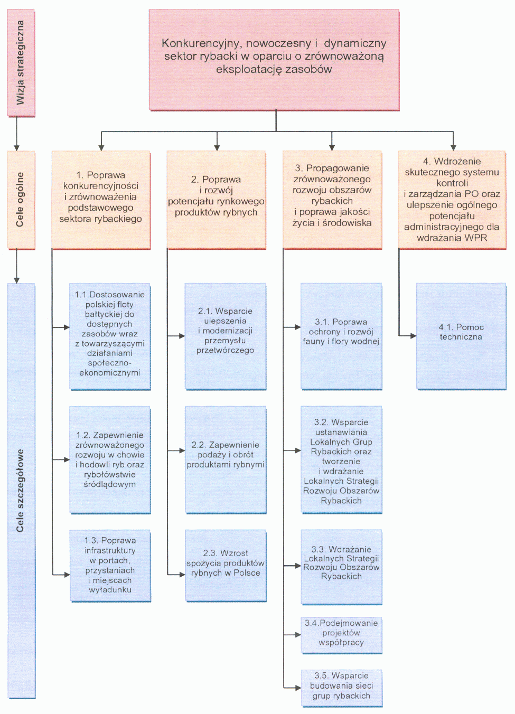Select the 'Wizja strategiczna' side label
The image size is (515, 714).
pyautogui.click(x=21, y=63)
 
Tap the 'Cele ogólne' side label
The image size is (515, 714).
pyautogui.click(x=21, y=200)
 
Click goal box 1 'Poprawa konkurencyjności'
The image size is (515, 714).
pyautogui.click(x=100, y=200)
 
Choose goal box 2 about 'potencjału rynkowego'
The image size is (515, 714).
pyautogui.click(x=216, y=200)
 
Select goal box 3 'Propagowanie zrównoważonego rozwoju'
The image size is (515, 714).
pyautogui.click(x=332, y=200)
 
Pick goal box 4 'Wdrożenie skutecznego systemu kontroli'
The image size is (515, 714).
pyautogui.click(x=452, y=200)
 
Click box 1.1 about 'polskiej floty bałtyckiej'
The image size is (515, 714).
pyautogui.click(x=110, y=336)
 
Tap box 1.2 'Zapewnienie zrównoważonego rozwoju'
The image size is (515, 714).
pyautogui.click(x=110, y=459)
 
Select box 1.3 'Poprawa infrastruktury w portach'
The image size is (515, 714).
pyautogui.click(x=110, y=566)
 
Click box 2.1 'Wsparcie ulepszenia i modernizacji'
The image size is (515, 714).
pyautogui.click(x=226, y=336)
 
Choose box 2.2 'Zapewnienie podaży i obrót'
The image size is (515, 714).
pyautogui.click(x=226, y=459)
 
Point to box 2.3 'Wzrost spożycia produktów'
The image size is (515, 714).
pyautogui.click(x=226, y=566)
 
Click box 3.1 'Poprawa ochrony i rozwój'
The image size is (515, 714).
pyautogui.click(x=341, y=336)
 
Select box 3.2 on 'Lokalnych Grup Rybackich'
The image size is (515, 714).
pyautogui.click(x=341, y=459)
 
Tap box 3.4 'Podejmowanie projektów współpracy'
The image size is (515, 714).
pyautogui.click(x=341, y=635)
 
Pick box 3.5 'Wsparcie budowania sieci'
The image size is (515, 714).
pyautogui.click(x=341, y=688)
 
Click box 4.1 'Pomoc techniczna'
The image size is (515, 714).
pyautogui.click(x=461, y=336)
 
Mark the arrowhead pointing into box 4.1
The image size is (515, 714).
pyautogui.click(x=413, y=335)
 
